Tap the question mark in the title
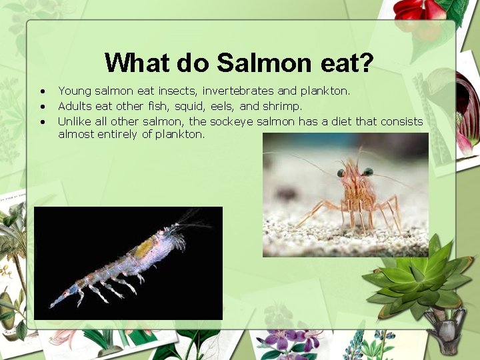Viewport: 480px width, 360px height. [367, 63]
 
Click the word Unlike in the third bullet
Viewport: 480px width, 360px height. [75, 121]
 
